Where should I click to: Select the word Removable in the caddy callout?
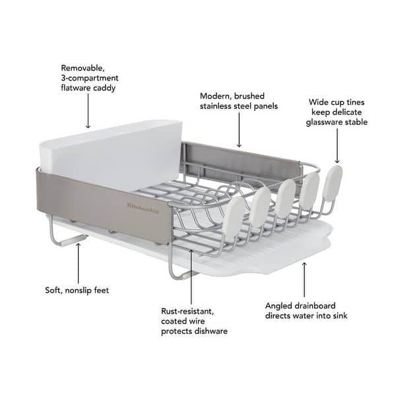coord(81,67)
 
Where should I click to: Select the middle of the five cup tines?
coord(285,197)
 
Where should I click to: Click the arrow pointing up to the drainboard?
coord(304,280)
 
